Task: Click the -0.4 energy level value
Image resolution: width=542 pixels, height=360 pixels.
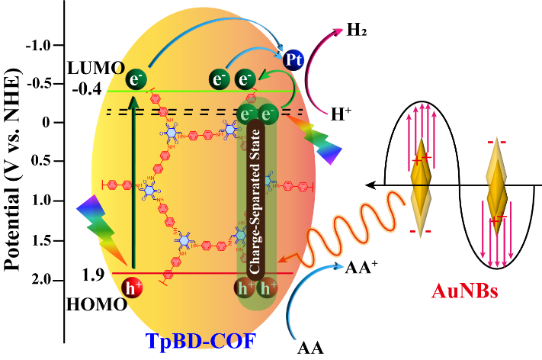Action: pos(87,91)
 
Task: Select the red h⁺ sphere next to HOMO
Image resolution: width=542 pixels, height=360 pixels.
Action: pos(132,288)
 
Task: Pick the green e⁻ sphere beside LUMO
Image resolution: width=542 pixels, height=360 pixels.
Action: pos(136,79)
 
